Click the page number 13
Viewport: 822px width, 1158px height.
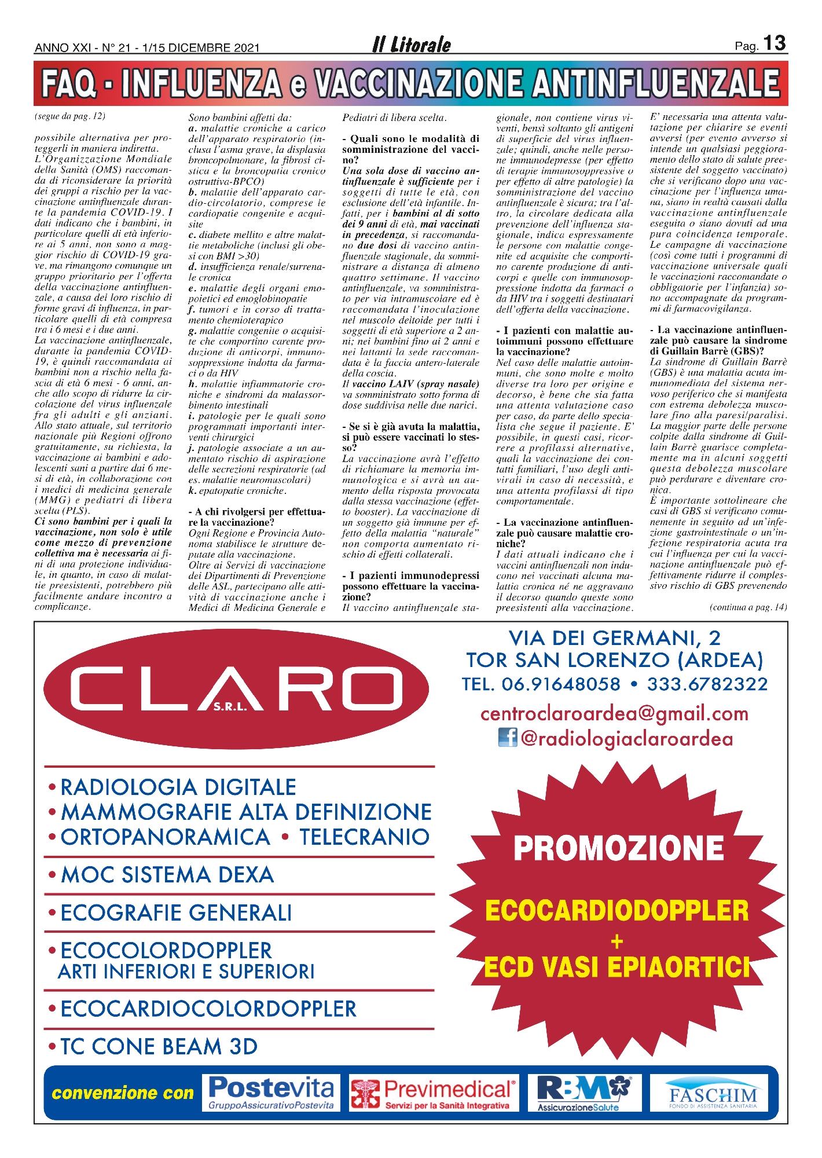(x=774, y=43)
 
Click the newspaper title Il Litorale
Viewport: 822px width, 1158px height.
(x=411, y=45)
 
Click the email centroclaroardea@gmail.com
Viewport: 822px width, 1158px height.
(x=614, y=713)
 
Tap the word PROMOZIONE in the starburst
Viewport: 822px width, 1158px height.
(x=618, y=848)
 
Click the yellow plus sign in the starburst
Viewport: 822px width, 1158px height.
(x=617, y=942)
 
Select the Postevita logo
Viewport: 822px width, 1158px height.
(x=271, y=1093)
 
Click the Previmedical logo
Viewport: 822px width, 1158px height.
(x=433, y=1094)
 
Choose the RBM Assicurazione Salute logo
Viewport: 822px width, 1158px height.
(x=584, y=1093)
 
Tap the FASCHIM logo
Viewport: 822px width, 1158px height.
(x=712, y=1094)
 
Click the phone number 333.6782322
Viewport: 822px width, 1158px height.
(x=707, y=684)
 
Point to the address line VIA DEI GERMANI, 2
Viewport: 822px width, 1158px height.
(x=615, y=638)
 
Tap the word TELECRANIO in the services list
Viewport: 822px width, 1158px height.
(x=364, y=837)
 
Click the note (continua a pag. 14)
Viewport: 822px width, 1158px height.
(x=748, y=607)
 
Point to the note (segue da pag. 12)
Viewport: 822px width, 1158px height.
(x=70, y=116)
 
